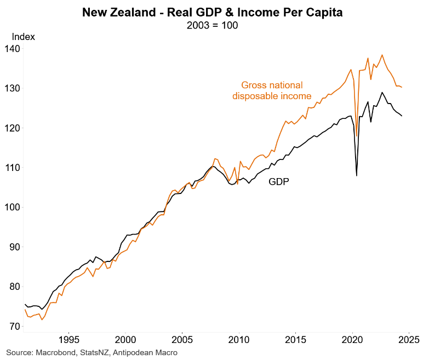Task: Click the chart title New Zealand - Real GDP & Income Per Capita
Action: pyautogui.click(x=212, y=13)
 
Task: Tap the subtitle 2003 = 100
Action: pyautogui.click(x=212, y=26)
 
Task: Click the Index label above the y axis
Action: pyautogui.click(x=24, y=37)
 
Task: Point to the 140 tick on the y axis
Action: pyautogui.click(x=13, y=49)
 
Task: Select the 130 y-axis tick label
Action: pyautogui.click(x=13, y=88)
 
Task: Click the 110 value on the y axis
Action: pyautogui.click(x=13, y=168)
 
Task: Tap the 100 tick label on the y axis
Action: pyautogui.click(x=13, y=207)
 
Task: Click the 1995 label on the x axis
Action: pyautogui.click(x=68, y=338)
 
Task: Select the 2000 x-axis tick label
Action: pyautogui.click(x=125, y=338)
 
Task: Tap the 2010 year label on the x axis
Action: pyautogui.click(x=239, y=338)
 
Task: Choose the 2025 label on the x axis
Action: pyautogui.click(x=409, y=338)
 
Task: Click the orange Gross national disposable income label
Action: pyautogui.click(x=272, y=90)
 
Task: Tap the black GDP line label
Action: pyautogui.click(x=278, y=182)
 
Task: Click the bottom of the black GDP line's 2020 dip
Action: pyautogui.click(x=357, y=175)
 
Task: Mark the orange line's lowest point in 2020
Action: pyautogui.click(x=357, y=136)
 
